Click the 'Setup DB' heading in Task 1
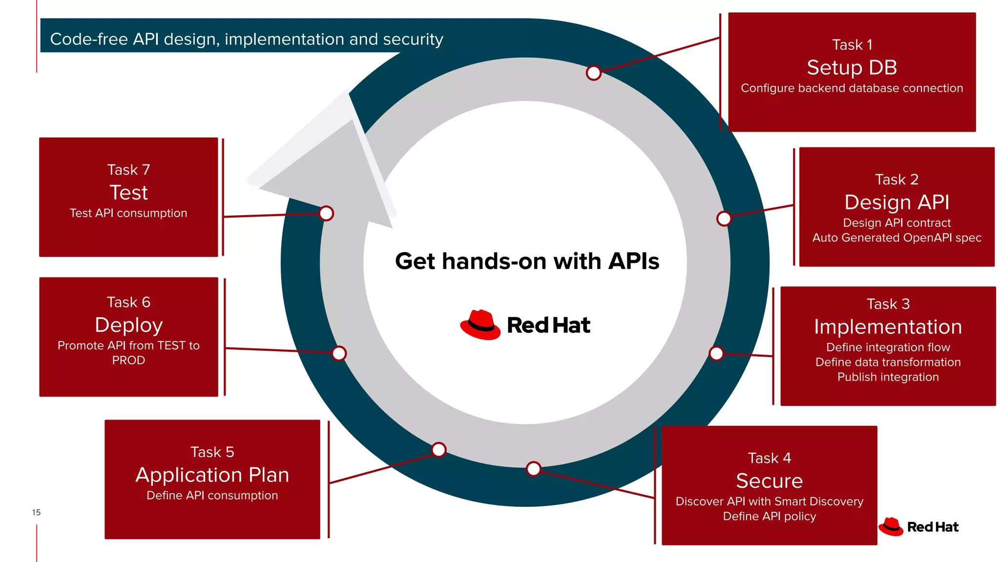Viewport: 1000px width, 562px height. click(852, 67)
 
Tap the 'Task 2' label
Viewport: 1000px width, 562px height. click(896, 180)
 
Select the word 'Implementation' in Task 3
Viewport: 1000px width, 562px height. click(888, 327)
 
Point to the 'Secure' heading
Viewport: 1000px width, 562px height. click(769, 481)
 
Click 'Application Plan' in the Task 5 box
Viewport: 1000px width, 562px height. click(212, 475)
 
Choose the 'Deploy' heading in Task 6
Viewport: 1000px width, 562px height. click(128, 325)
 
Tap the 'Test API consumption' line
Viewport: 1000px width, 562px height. click(128, 213)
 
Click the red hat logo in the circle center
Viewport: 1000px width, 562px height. click(480, 325)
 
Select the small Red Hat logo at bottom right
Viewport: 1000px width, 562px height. click(918, 527)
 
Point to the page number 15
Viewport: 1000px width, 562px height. click(36, 512)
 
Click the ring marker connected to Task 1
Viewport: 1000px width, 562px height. click(593, 73)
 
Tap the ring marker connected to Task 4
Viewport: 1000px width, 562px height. click(533, 469)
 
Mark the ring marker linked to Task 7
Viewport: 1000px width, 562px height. click(326, 213)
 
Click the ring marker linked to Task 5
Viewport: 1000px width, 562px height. click(438, 449)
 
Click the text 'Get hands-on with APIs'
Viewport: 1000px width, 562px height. click(527, 261)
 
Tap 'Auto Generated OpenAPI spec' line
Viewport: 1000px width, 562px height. click(896, 238)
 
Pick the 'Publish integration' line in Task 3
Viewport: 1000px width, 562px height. click(888, 377)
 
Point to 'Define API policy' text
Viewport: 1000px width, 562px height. click(769, 516)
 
